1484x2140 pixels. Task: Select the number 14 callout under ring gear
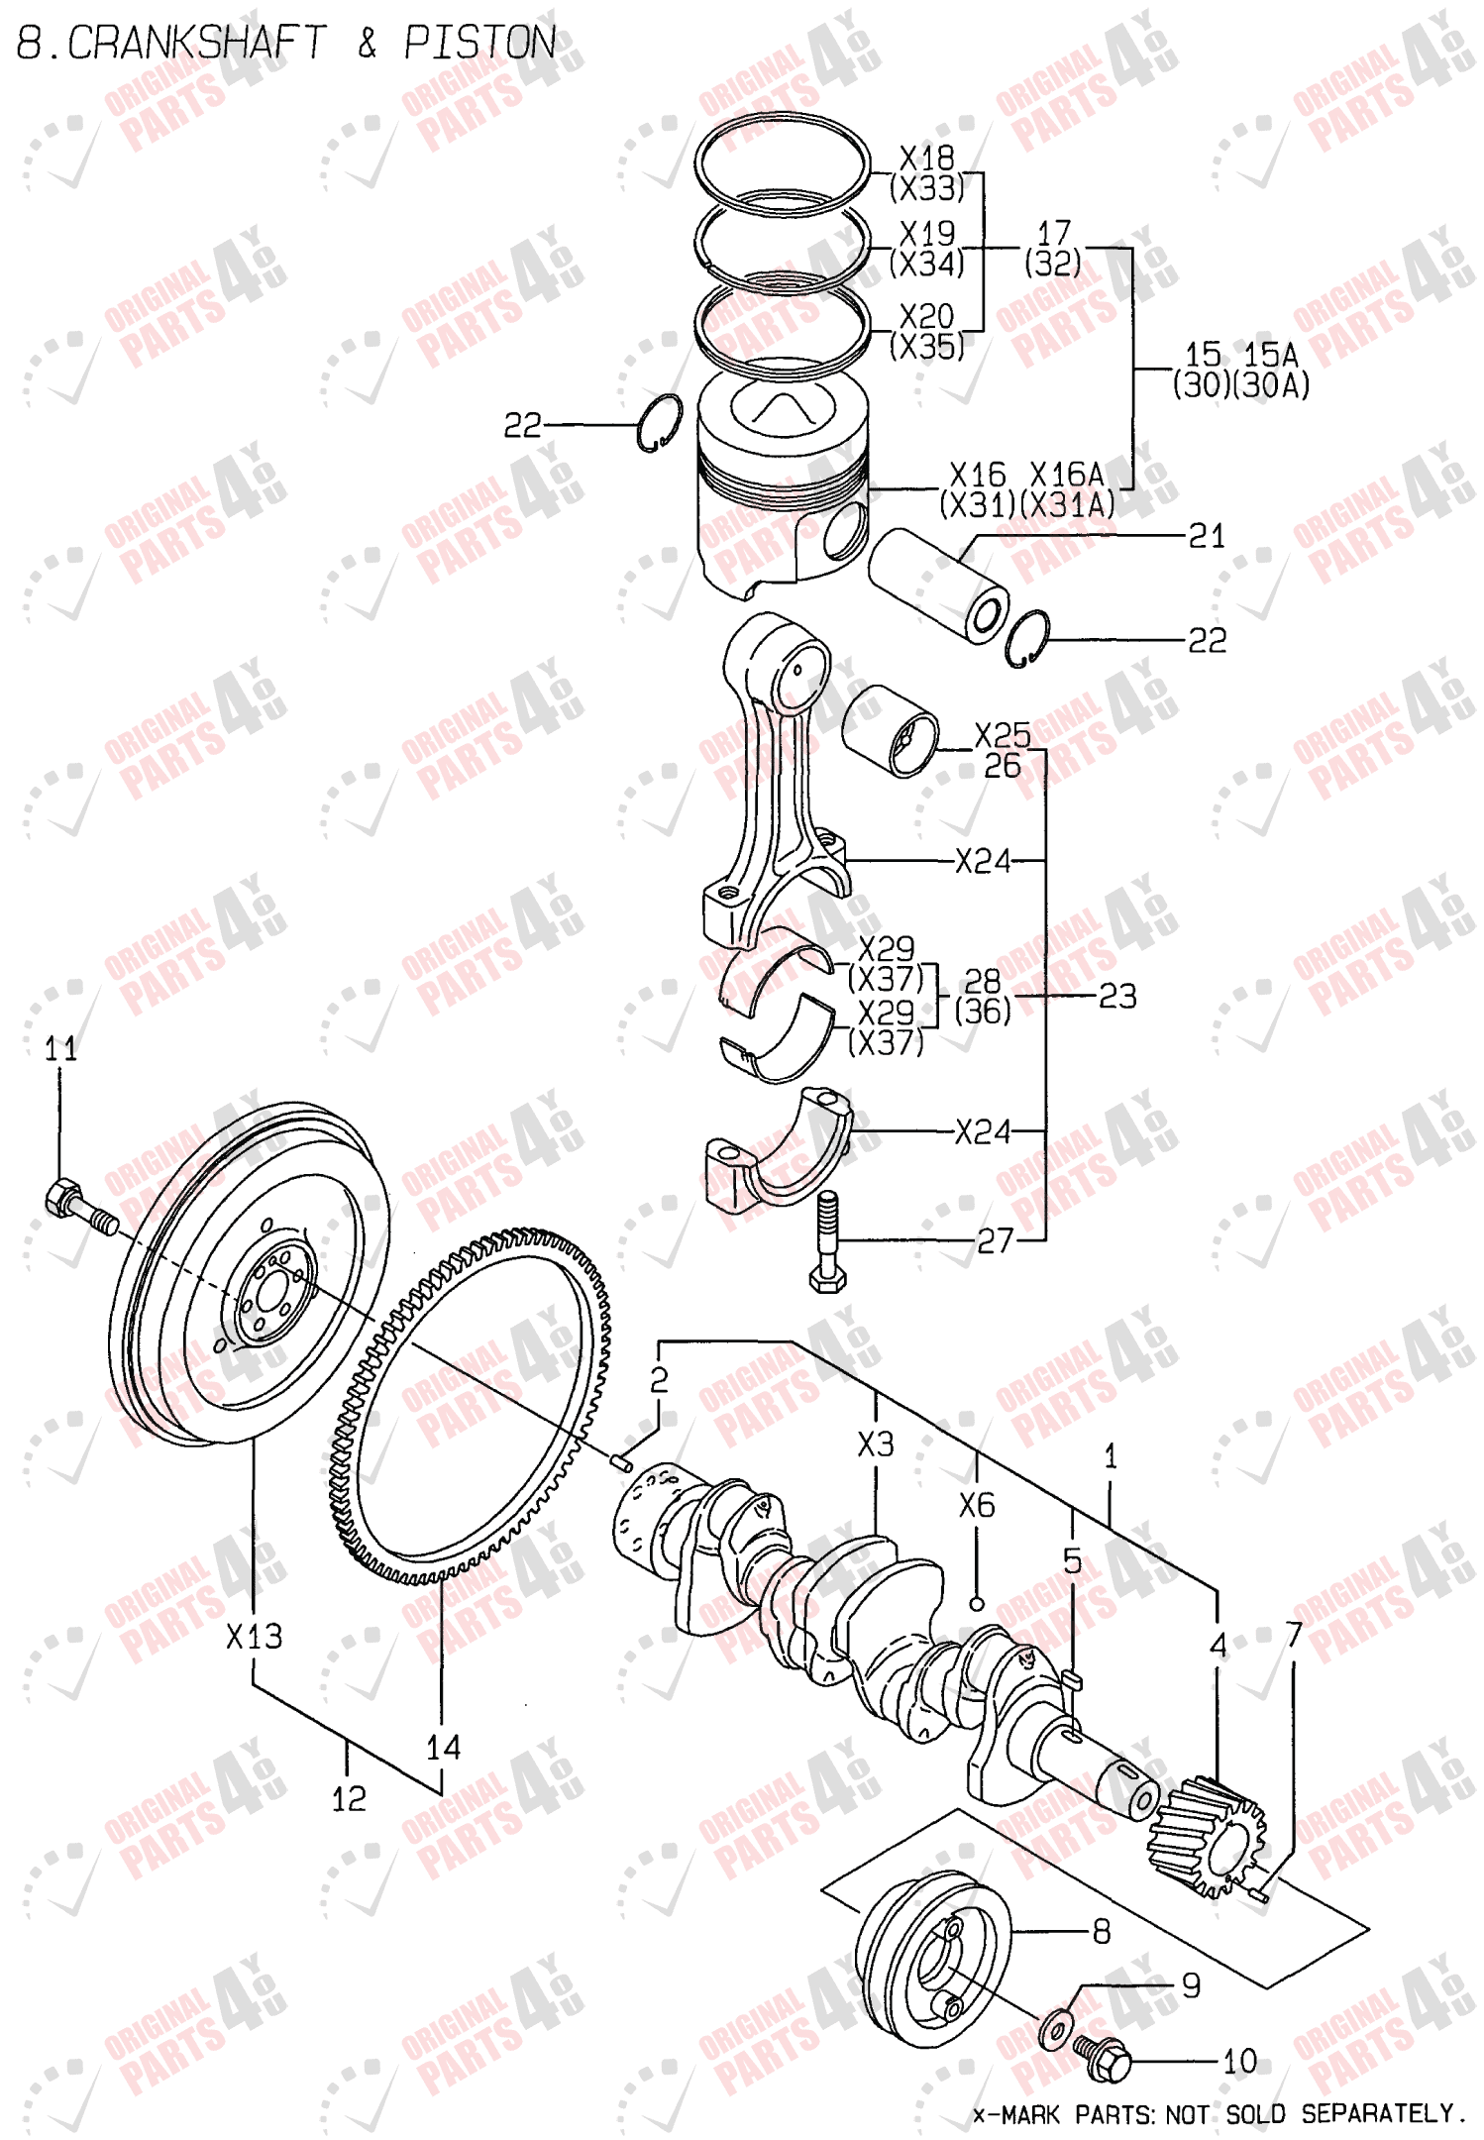pyautogui.click(x=443, y=1747)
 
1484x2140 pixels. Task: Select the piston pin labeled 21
pyautogui.click(x=937, y=586)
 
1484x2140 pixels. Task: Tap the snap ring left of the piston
pyautogui.click(x=659, y=424)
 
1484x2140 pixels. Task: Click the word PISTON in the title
pyautogui.click(x=479, y=43)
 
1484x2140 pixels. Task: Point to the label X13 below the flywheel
pyautogui.click(x=254, y=1637)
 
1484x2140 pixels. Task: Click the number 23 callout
pyautogui.click(x=1117, y=996)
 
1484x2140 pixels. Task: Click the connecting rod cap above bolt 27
pyautogui.click(x=778, y=1149)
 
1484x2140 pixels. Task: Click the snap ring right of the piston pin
pyautogui.click(x=1026, y=639)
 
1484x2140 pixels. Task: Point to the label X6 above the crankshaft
pyautogui.click(x=976, y=1506)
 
